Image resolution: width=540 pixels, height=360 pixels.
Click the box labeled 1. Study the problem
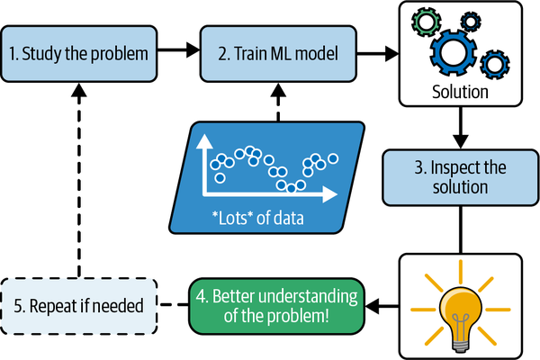[x=79, y=53]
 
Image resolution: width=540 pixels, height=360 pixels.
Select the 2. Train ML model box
[x=278, y=53]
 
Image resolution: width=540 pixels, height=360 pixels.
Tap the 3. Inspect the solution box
[x=461, y=177]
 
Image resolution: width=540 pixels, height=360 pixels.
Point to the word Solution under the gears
[x=460, y=92]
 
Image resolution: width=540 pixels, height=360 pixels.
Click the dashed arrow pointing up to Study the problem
[x=79, y=180]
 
